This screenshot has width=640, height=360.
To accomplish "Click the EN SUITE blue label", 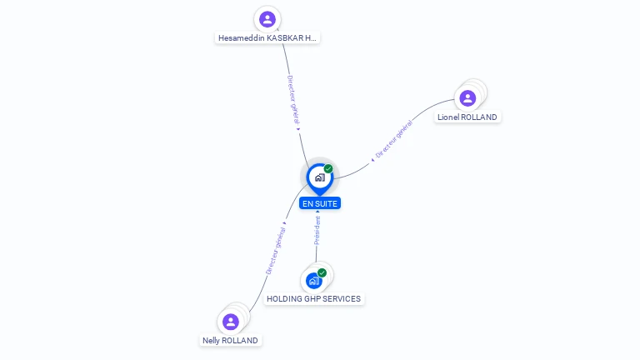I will (x=320, y=203).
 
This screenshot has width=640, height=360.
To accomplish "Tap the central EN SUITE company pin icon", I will (x=319, y=177).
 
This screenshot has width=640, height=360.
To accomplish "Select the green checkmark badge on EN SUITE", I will (x=328, y=169).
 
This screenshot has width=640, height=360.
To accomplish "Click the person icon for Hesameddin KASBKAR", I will (x=267, y=19).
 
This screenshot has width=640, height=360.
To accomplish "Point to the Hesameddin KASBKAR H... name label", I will (x=267, y=38).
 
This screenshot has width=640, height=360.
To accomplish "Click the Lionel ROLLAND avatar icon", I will (x=467, y=98).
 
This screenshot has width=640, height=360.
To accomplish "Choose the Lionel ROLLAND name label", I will (x=467, y=117).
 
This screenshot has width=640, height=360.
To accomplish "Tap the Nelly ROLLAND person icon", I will (x=231, y=322).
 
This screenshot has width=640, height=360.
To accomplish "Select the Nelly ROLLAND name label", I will (x=230, y=341).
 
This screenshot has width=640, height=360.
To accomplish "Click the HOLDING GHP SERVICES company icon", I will (x=313, y=280).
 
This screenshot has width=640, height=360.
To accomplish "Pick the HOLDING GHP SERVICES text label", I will (x=313, y=299).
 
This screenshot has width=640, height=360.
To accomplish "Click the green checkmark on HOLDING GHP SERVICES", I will (x=322, y=272).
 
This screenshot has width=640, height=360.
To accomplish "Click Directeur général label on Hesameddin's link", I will (x=293, y=100).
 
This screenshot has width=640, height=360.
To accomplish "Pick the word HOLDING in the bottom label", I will (x=283, y=299).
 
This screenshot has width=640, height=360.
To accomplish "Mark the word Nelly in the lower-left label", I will (x=211, y=341).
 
